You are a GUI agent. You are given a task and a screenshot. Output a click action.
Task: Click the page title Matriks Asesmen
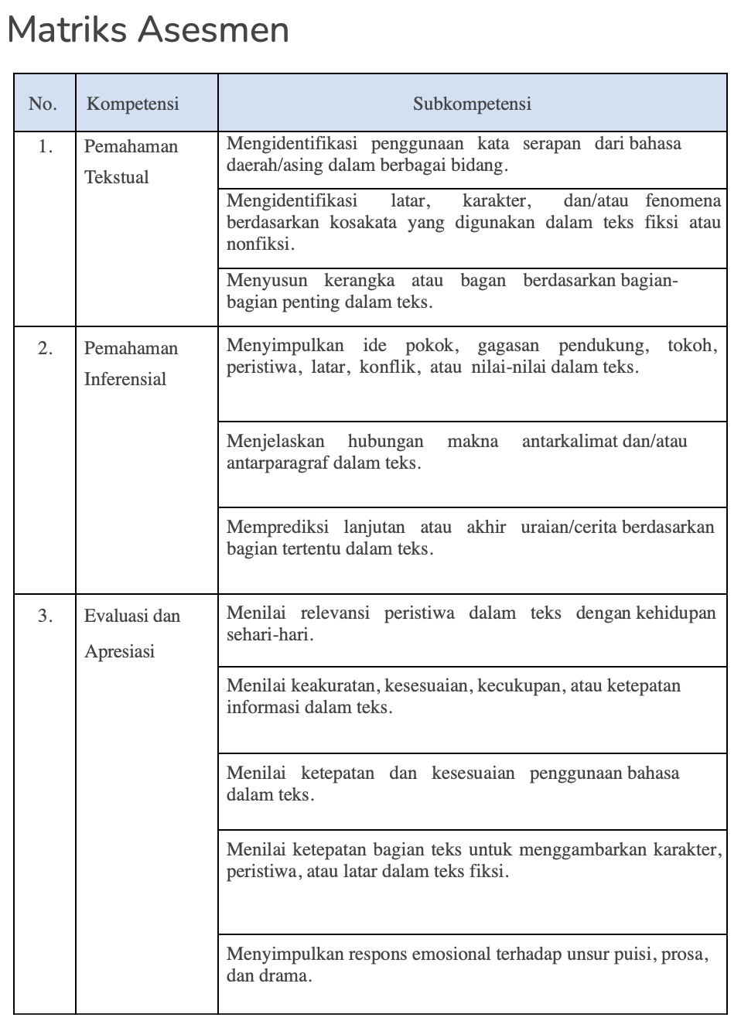[x=148, y=31]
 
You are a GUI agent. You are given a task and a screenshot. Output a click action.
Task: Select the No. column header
[x=43, y=104]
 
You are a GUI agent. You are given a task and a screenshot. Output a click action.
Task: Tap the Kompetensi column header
[x=132, y=104]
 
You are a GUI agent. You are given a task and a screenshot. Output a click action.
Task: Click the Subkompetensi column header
[x=472, y=104]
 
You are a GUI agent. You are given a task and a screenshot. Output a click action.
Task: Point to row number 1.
[x=46, y=146]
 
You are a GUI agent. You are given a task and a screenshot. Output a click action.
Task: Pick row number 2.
[x=46, y=348]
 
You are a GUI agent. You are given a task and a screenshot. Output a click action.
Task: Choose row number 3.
[x=46, y=616]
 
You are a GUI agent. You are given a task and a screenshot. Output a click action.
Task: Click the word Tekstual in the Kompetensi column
[x=117, y=177]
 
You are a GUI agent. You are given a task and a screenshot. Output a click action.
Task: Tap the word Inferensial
[x=125, y=379]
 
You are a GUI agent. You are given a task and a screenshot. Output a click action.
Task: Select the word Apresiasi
[x=120, y=651]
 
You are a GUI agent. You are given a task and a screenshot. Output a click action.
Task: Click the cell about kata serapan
[x=472, y=155]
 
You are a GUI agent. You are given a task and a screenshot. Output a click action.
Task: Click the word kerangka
[x=359, y=280]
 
